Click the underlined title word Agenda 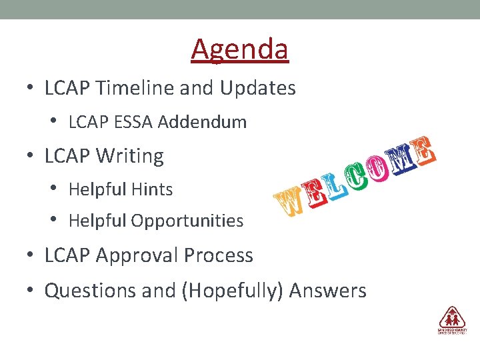[239, 49]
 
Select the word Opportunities [189, 221]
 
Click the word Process [220, 255]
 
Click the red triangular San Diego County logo [452, 317]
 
